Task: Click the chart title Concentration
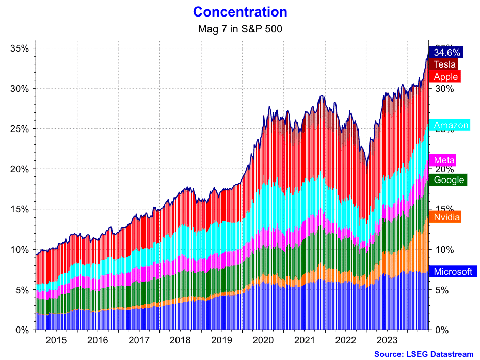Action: pos(240,12)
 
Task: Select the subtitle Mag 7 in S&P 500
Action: pos(240,29)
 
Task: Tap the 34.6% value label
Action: pos(447,53)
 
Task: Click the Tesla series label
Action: pos(444,64)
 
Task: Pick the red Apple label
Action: pos(445,77)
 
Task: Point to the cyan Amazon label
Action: pos(451,125)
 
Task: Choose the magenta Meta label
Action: pos(444,160)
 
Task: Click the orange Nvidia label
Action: pos(446,217)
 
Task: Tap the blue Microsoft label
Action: pos(453,272)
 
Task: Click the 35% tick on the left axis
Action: pos(20,48)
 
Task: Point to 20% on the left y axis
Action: pos(20,169)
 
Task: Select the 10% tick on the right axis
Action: pos(444,250)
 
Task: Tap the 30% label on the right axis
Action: pos(444,89)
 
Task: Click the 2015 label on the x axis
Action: pos(56,341)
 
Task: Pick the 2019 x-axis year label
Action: pos(222,341)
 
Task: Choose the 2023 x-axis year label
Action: pos(388,341)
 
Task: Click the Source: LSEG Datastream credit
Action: pos(423,354)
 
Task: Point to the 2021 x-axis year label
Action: pos(305,341)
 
